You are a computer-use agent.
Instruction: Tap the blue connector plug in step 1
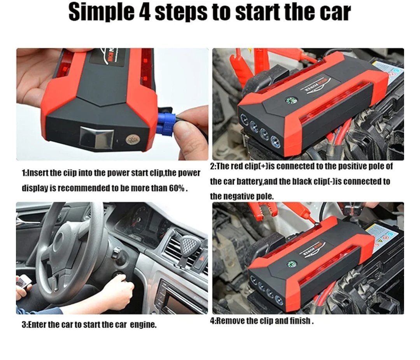coord(166,125)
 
